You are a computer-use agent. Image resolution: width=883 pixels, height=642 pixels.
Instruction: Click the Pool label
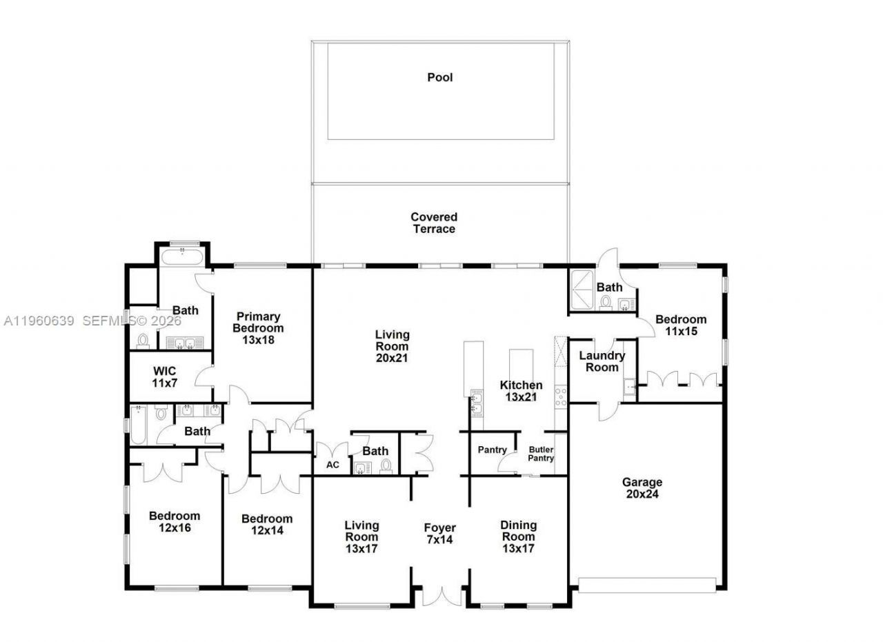(x=440, y=77)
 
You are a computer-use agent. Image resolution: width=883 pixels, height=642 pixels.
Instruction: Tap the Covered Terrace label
(x=434, y=223)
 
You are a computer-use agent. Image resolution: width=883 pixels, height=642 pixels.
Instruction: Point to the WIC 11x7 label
(x=164, y=377)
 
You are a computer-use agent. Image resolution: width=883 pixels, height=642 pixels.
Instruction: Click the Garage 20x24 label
(x=642, y=488)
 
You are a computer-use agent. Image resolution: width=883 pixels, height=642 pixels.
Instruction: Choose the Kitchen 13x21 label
(x=522, y=390)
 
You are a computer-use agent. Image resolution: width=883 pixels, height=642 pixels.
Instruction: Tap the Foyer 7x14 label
(x=439, y=534)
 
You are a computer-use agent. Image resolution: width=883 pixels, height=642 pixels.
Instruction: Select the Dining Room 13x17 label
(x=518, y=536)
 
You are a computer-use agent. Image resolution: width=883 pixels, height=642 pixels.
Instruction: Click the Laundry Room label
(x=602, y=361)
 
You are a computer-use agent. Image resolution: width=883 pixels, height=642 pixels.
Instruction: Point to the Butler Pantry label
(x=541, y=454)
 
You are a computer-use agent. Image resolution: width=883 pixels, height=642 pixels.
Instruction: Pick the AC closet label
(x=333, y=465)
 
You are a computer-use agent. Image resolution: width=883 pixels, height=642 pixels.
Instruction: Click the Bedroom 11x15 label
(x=681, y=325)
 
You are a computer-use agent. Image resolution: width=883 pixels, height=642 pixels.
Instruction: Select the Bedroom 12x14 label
(x=267, y=524)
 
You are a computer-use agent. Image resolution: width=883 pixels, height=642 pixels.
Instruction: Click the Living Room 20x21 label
(x=392, y=346)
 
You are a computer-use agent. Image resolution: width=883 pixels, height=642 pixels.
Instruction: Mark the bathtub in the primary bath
(x=182, y=258)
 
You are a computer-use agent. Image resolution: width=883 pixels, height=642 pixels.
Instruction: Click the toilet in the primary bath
(x=143, y=341)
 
